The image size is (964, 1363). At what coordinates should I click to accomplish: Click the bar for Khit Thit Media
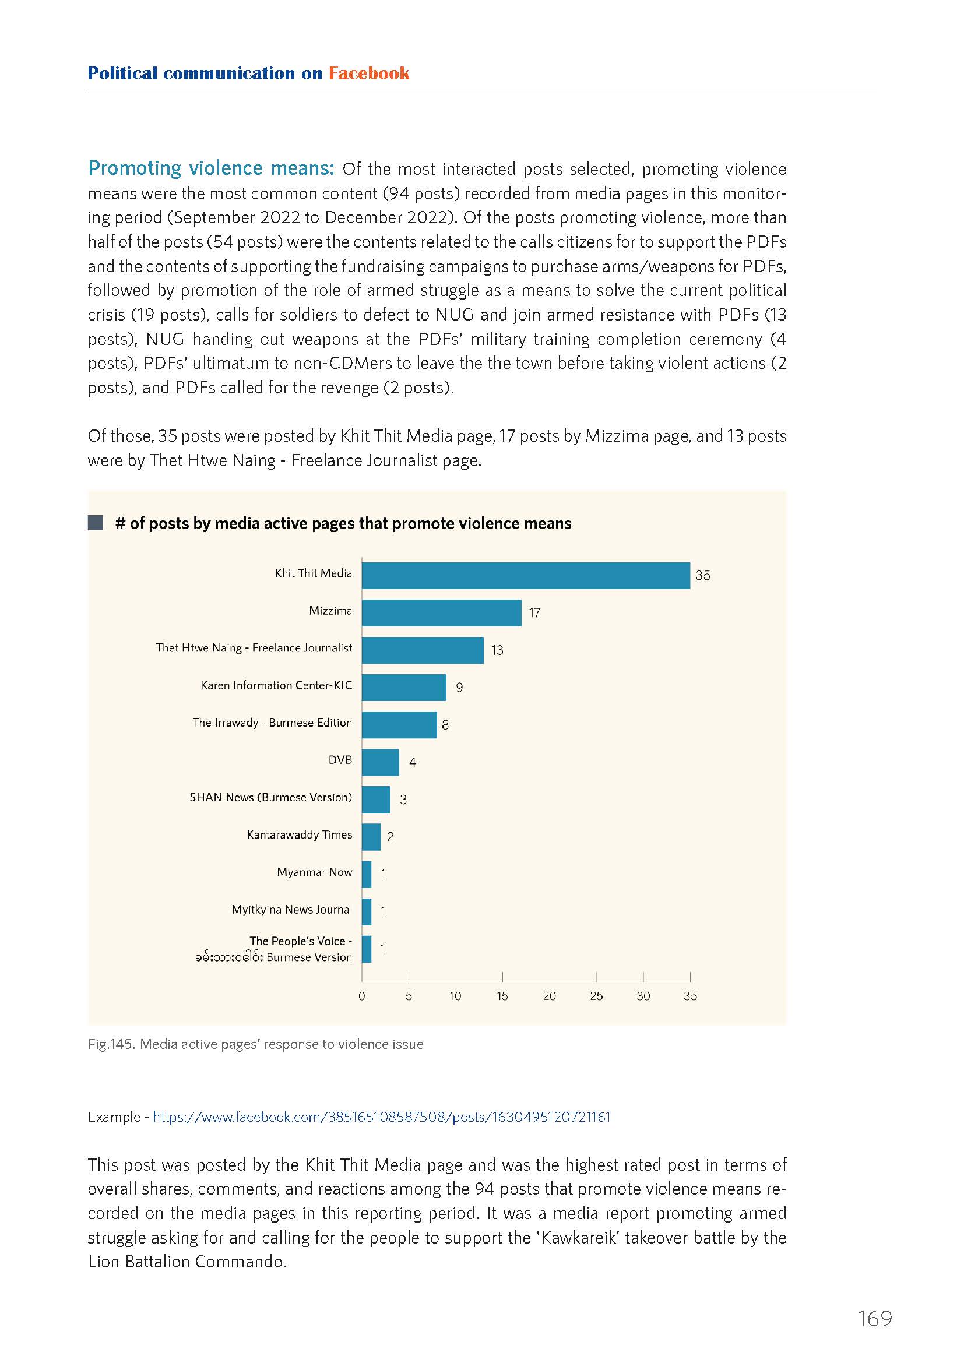[525, 575]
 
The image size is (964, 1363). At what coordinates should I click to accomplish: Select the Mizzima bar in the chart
[442, 612]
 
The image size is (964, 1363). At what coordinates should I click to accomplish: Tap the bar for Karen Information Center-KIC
[404, 688]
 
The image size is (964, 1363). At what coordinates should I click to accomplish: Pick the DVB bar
[381, 762]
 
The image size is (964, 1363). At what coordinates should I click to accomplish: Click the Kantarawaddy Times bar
[371, 837]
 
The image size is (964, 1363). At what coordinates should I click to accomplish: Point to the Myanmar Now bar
[366, 875]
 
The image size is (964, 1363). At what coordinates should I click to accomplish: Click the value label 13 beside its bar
[497, 650]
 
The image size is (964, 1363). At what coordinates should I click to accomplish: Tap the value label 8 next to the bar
[445, 725]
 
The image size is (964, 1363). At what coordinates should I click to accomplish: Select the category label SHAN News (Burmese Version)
[270, 797]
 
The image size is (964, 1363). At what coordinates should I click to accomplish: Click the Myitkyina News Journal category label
[291, 910]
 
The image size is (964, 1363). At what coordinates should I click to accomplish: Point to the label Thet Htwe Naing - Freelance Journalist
[254, 647]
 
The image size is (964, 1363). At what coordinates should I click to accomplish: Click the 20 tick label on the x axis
[549, 996]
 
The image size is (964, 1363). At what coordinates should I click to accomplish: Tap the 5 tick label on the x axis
[409, 996]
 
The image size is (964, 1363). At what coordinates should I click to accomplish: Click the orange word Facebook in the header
[368, 73]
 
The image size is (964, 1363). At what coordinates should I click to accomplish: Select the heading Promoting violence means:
[212, 168]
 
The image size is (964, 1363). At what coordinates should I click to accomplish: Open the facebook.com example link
[382, 1117]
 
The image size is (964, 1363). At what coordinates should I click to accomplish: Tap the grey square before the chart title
[96, 523]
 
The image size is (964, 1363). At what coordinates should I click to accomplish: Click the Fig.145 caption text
[256, 1044]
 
